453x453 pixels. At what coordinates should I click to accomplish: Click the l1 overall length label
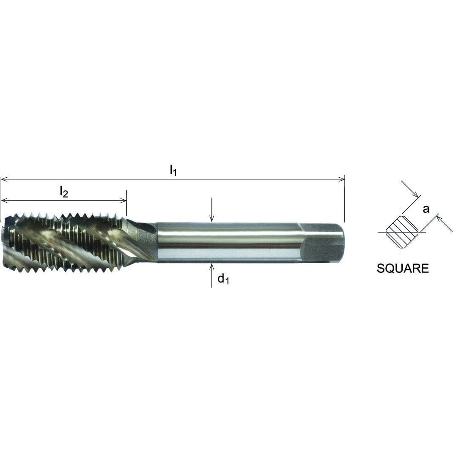point(173,170)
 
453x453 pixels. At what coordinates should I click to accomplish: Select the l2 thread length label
point(63,192)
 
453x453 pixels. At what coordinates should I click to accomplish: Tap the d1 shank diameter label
point(223,280)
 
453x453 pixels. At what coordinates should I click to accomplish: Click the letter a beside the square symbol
point(426,209)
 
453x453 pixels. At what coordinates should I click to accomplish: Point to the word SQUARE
point(403,269)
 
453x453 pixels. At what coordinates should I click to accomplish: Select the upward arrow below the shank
point(211,266)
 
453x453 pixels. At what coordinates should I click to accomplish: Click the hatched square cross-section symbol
point(402,232)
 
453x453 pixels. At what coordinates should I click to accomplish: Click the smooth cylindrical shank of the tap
point(228,242)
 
